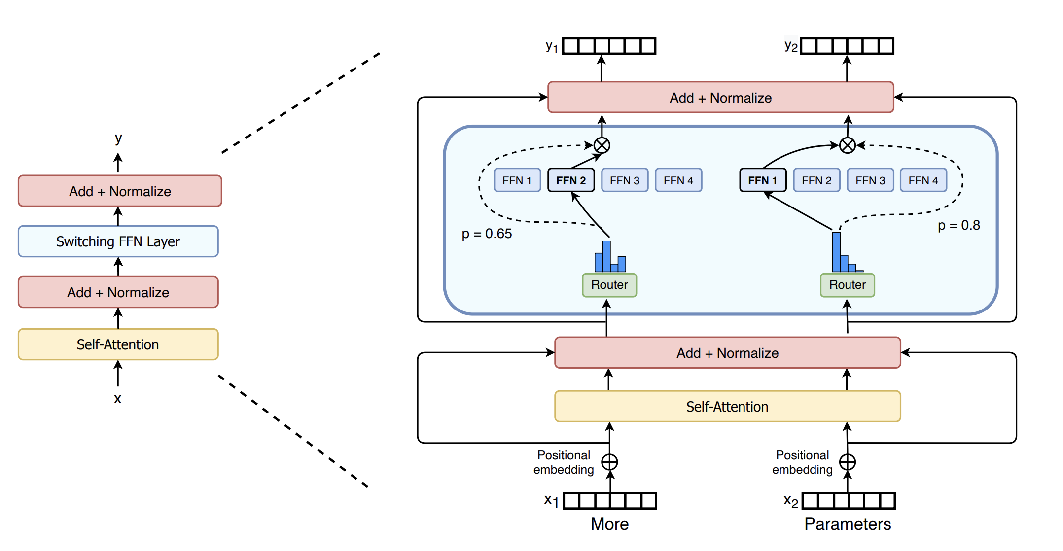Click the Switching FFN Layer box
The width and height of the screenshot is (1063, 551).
pyautogui.click(x=118, y=241)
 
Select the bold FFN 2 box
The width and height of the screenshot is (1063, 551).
pyautogui.click(x=570, y=180)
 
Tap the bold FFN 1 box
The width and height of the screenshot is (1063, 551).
pyautogui.click(x=762, y=180)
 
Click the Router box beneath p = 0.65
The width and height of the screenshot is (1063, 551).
pyautogui.click(x=609, y=285)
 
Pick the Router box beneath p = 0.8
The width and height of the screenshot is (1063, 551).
pyautogui.click(x=847, y=285)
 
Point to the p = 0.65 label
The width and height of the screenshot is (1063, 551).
pyautogui.click(x=487, y=234)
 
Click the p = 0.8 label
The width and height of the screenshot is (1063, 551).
pyautogui.click(x=958, y=226)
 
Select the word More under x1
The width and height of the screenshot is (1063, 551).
pyautogui.click(x=609, y=524)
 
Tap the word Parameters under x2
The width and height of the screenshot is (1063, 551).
pyautogui.click(x=847, y=524)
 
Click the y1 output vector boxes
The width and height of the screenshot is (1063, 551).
pyautogui.click(x=609, y=46)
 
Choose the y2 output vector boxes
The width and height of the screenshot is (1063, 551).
pyautogui.click(x=847, y=46)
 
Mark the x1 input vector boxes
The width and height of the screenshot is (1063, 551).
pyautogui.click(x=610, y=501)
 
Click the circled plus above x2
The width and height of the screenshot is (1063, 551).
pyautogui.click(x=847, y=462)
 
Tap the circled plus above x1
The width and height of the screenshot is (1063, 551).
pyautogui.click(x=609, y=462)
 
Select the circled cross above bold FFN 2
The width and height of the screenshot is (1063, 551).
pyautogui.click(x=602, y=145)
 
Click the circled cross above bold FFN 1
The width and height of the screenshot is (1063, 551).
pyautogui.click(x=847, y=145)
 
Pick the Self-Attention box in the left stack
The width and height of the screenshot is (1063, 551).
pyautogui.click(x=118, y=344)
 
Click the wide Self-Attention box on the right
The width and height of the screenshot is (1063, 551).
pyautogui.click(x=727, y=407)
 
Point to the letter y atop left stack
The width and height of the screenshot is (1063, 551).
pyautogui.click(x=118, y=138)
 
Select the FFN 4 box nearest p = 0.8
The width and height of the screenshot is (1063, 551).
pyautogui.click(x=923, y=180)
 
